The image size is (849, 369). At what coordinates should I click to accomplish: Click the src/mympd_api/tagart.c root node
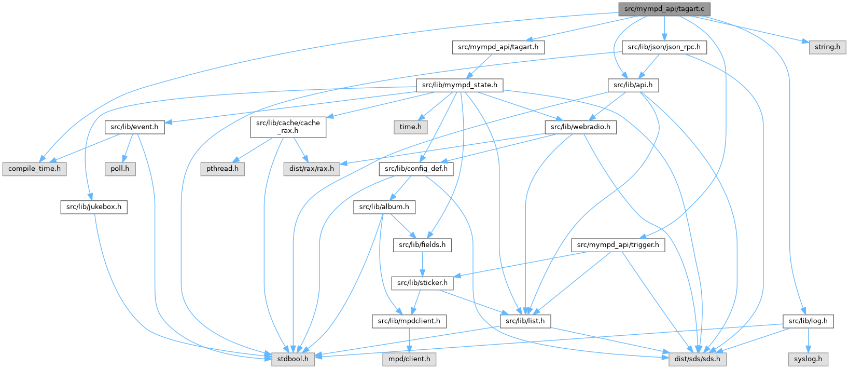point(664,9)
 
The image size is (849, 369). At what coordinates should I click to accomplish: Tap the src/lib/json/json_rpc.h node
point(664,47)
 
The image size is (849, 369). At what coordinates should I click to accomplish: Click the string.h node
point(827,47)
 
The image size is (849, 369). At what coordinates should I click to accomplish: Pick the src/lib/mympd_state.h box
point(460,85)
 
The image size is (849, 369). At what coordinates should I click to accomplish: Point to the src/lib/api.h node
point(633,85)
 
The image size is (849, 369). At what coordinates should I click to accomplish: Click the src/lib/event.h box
point(134,127)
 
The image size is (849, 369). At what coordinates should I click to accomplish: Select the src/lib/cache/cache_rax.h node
point(288,127)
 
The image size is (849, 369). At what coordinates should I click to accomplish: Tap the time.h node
point(410,127)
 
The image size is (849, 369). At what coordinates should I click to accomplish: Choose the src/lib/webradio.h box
point(580,127)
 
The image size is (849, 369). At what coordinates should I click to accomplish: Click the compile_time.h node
point(34,169)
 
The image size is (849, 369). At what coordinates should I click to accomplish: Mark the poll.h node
point(120,169)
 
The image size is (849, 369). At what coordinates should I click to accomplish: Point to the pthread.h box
point(222,169)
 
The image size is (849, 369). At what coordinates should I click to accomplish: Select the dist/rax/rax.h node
point(312,169)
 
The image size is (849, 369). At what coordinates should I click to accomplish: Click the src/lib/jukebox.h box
point(94,207)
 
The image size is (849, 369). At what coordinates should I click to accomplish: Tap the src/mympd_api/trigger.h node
point(618,245)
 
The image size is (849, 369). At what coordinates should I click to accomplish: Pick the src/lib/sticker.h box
point(422,283)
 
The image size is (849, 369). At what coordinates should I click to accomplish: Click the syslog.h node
point(808,359)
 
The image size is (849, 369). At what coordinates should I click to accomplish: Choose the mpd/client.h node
point(409,359)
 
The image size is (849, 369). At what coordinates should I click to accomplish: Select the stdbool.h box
point(293,359)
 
